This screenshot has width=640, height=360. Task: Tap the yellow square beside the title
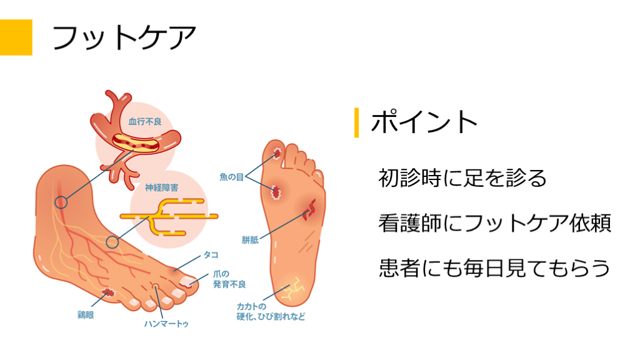[x=16, y=37]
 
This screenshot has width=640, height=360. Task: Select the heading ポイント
[x=424, y=122]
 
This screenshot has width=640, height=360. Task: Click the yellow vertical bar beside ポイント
[x=356, y=122]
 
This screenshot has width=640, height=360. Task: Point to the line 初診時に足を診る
[x=462, y=178]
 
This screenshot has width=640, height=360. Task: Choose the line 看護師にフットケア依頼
[x=494, y=223]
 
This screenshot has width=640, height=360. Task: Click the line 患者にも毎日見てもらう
[x=494, y=268]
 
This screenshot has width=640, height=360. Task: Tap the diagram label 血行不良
[x=145, y=121]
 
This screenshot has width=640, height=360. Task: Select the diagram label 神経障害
[x=162, y=187]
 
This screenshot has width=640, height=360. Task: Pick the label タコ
[x=211, y=256]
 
